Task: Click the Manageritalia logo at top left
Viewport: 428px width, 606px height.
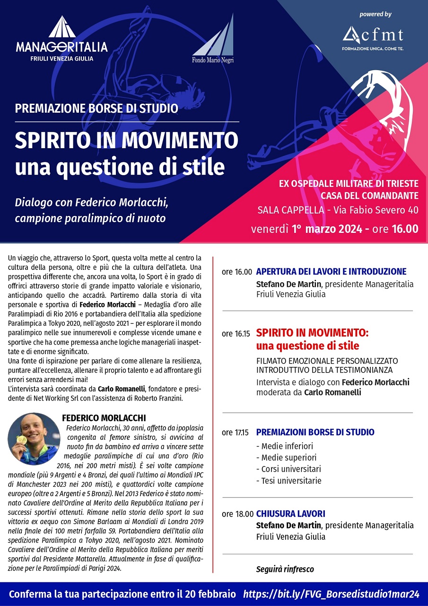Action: pos(61,40)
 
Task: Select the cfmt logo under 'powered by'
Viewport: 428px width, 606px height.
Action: pos(373,36)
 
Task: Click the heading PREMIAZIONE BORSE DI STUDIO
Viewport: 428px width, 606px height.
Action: pos(96,108)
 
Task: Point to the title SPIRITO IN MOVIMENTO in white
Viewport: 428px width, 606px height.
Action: pos(126,140)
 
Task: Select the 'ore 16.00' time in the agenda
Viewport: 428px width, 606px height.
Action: pos(236,272)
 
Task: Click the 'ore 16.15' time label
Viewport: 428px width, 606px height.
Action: pos(236,334)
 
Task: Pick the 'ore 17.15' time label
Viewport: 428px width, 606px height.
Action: pos(236,433)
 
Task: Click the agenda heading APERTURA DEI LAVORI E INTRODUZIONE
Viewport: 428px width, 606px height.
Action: pos(331,272)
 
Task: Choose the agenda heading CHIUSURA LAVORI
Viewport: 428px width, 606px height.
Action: pos(290,514)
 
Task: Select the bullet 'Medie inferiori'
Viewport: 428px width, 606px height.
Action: pos(284,446)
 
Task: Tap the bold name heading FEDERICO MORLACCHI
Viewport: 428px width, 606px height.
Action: pos(104,418)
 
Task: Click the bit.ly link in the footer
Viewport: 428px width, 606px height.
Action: pos(331,594)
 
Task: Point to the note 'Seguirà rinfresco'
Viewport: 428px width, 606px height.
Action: pos(285,569)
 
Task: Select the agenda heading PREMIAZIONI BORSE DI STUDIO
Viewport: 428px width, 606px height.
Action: pos(315,432)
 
